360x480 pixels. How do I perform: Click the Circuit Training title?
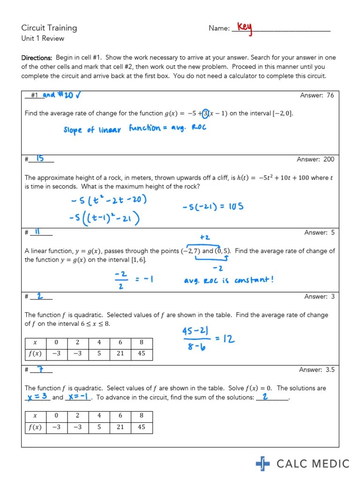pos(49,28)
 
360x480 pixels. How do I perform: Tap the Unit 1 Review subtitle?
pos(43,38)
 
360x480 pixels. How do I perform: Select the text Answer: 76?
pos(317,95)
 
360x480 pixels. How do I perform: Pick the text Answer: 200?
pos(315,159)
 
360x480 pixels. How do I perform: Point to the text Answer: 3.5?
pos(317,370)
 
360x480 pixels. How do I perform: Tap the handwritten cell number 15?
pos(40,159)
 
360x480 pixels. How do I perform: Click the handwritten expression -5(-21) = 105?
pos(213,206)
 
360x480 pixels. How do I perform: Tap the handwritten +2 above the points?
pos(204,238)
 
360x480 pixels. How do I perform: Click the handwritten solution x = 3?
pos(37,397)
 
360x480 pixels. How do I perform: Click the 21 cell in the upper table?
pos(120,353)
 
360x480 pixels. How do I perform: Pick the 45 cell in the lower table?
pos(141,427)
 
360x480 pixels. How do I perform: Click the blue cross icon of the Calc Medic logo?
pos(263,464)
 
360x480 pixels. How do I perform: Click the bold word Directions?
pos(37,58)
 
